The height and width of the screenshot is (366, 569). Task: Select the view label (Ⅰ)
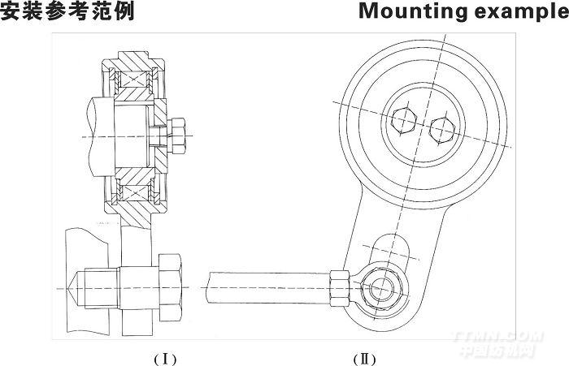pos(165,356)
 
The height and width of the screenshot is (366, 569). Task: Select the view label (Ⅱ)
pos(364,356)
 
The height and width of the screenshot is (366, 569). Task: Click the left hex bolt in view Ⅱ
pos(404,122)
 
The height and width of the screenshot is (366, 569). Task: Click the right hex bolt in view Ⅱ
pos(442,128)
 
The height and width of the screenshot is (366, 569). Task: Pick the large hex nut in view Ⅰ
pos(170,288)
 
